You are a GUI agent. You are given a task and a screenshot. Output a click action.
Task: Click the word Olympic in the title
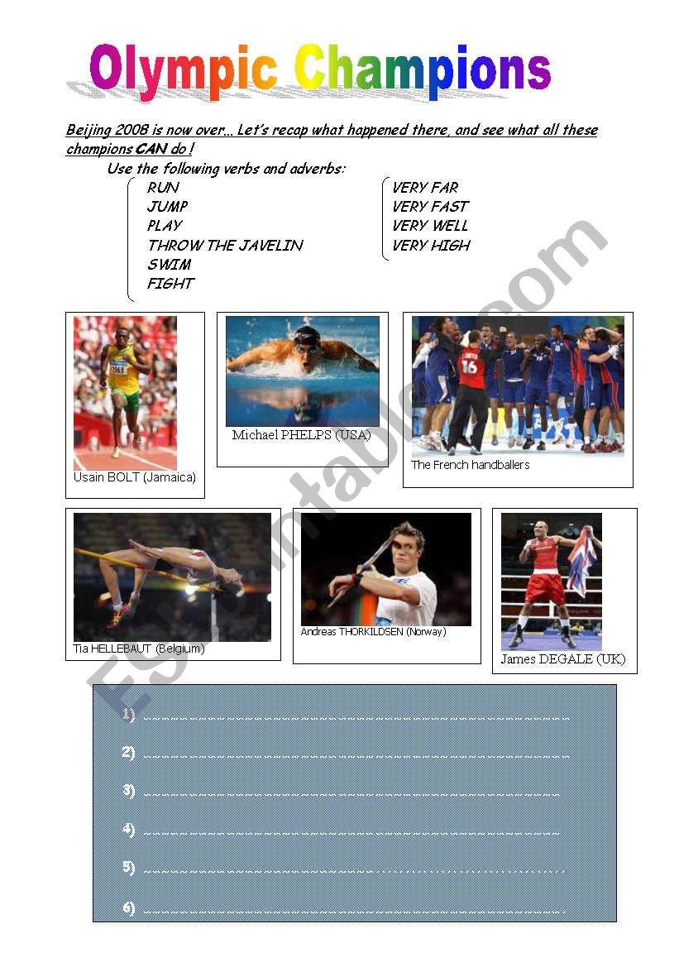coord(183,71)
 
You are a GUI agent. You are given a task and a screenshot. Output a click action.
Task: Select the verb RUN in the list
coord(163,188)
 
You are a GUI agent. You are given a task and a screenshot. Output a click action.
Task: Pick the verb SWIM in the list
coord(169,265)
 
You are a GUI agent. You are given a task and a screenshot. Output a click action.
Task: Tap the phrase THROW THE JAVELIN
coord(225,246)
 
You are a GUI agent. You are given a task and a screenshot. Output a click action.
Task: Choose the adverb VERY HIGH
coord(431,246)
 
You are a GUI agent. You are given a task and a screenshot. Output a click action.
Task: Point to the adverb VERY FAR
coord(425,188)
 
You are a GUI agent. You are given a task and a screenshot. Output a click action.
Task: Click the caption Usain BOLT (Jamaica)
coord(135,477)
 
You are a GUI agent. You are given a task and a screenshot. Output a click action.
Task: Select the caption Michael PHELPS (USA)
coord(302,435)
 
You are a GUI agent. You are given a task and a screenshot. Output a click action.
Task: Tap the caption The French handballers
coord(470,465)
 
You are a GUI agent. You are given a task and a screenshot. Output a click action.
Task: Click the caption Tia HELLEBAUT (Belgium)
coord(139,649)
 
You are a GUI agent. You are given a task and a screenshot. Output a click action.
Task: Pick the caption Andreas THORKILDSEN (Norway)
coord(373,631)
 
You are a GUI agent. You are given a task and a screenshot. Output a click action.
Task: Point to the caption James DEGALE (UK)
coord(563,659)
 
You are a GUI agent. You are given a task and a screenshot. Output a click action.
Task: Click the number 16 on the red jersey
coord(469,366)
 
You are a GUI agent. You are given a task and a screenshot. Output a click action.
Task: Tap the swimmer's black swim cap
coord(307,336)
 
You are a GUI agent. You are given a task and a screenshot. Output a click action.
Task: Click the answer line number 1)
coord(127,715)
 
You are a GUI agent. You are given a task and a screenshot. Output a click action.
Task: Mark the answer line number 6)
coord(127,907)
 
